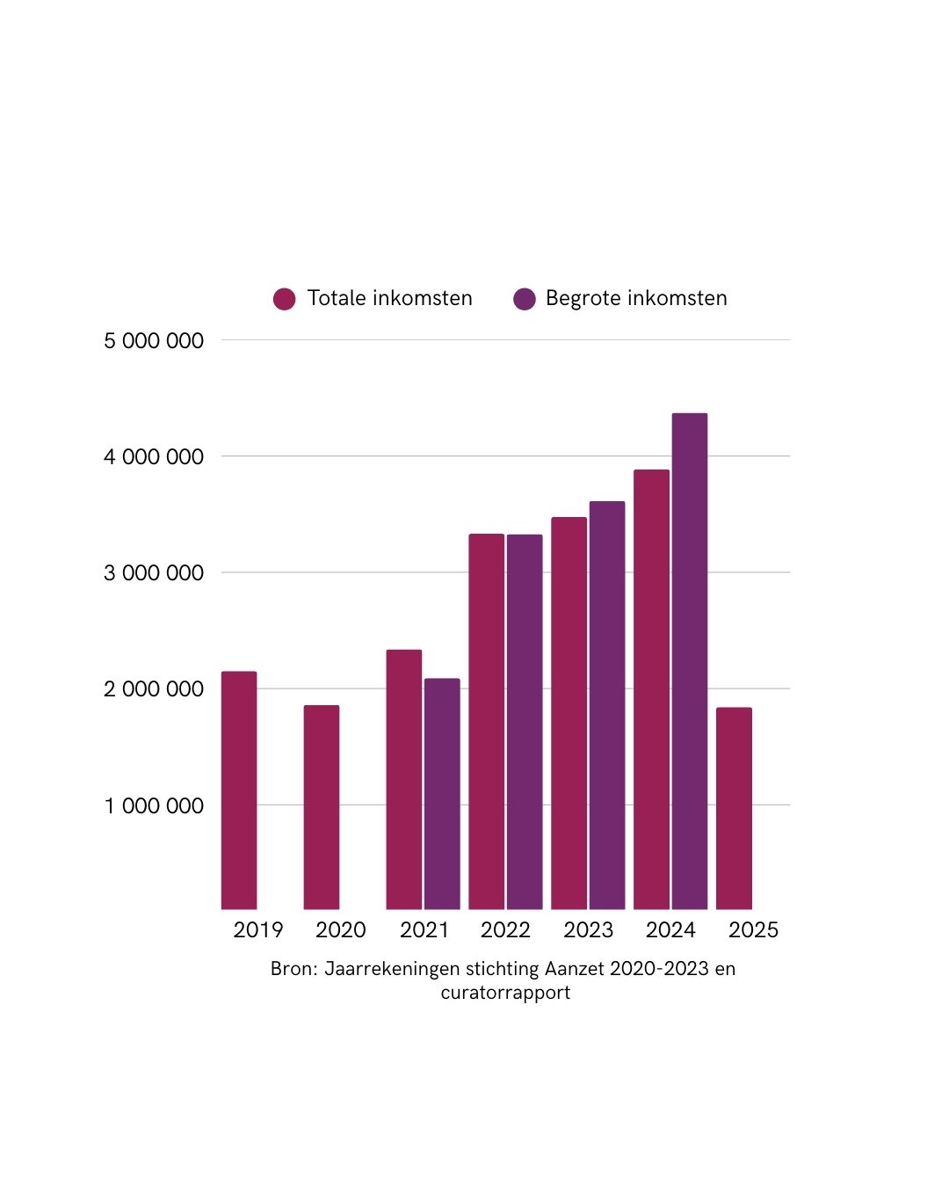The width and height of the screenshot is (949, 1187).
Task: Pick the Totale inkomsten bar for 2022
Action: pyautogui.click(x=486, y=721)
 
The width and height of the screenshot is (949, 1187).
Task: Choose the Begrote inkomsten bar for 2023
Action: pyautogui.click(x=607, y=704)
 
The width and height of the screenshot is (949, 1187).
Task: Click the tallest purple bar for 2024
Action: pyautogui.click(x=690, y=660)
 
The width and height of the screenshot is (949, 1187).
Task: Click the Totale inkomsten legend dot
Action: pyautogui.click(x=284, y=299)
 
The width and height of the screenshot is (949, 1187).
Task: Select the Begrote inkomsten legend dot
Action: pyautogui.click(x=525, y=299)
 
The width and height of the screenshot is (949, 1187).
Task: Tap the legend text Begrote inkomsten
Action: pyautogui.click(x=636, y=298)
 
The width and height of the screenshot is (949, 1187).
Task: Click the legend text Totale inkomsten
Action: pyautogui.click(x=390, y=298)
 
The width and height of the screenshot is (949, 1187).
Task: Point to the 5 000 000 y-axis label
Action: pyautogui.click(x=154, y=341)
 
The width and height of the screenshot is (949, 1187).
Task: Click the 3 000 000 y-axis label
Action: pyautogui.click(x=154, y=573)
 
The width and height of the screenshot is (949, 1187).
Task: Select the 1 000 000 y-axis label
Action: pyautogui.click(x=154, y=806)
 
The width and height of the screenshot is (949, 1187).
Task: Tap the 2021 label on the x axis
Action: pyautogui.click(x=424, y=930)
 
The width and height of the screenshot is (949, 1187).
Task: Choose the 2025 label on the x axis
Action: pyautogui.click(x=753, y=930)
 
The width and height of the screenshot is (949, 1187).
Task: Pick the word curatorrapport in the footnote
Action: pyautogui.click(x=505, y=993)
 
